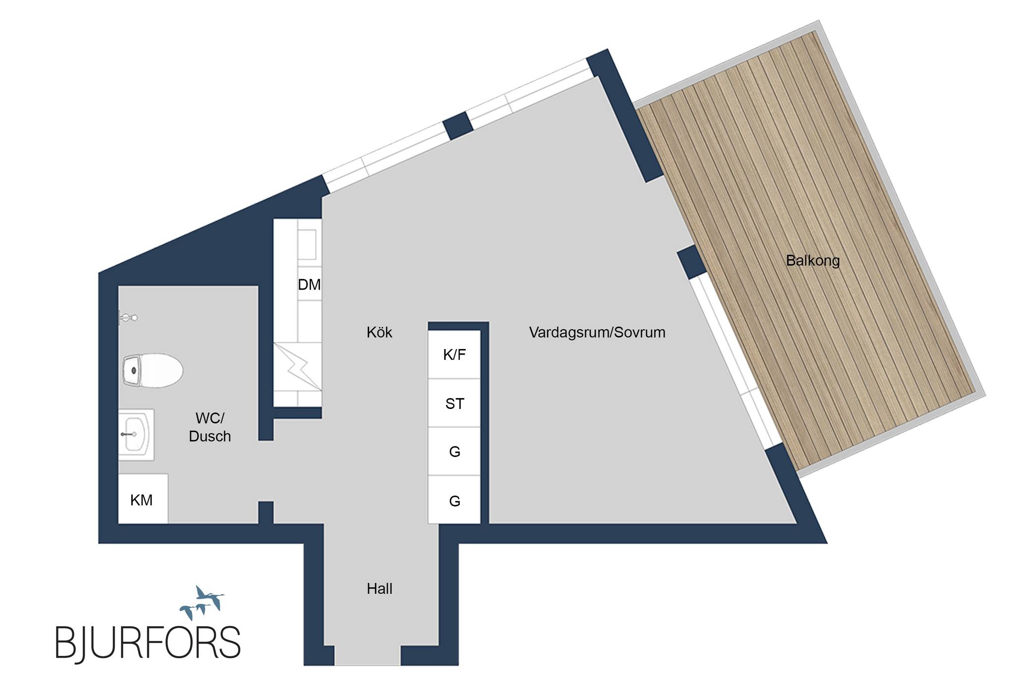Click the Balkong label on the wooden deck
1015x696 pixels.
click(813, 261)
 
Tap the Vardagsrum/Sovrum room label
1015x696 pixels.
click(597, 332)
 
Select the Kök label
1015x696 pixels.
click(379, 332)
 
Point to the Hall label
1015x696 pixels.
click(380, 588)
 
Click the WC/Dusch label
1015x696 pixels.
click(210, 427)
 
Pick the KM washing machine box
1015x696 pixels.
click(143, 499)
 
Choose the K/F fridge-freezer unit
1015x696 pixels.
click(454, 354)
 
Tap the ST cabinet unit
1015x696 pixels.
click(454, 403)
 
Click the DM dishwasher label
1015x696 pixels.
click(309, 285)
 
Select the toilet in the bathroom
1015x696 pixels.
click(153, 370)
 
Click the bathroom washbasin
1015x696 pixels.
click(136, 435)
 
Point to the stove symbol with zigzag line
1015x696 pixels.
click(297, 366)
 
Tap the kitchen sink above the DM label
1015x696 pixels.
click(307, 244)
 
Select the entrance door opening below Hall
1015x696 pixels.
click(367, 655)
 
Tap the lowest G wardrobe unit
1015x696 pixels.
click(454, 500)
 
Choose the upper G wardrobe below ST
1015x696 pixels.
click(454, 451)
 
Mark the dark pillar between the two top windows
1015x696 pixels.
click(458, 126)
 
